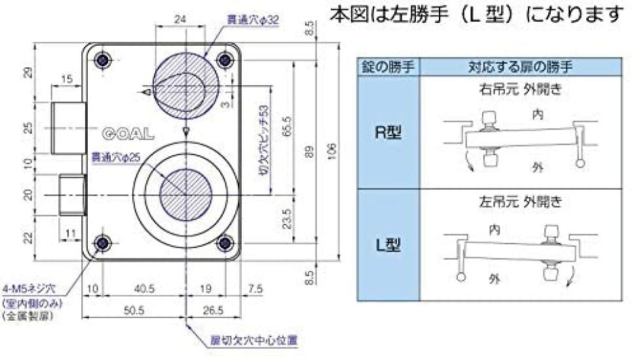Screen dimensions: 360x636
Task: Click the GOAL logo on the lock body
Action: pos(128,134)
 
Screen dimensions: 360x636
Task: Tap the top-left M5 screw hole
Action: pos(102,60)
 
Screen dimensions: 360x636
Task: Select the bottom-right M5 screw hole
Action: pos(225,243)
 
